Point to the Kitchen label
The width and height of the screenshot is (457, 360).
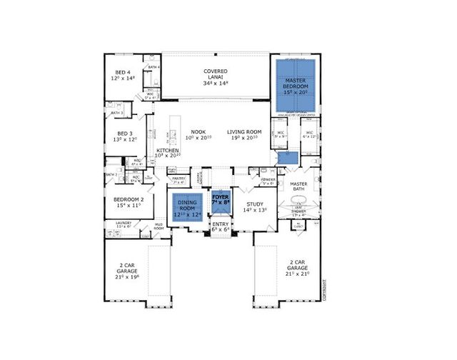[x=167, y=151]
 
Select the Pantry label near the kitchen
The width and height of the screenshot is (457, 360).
[x=178, y=179]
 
